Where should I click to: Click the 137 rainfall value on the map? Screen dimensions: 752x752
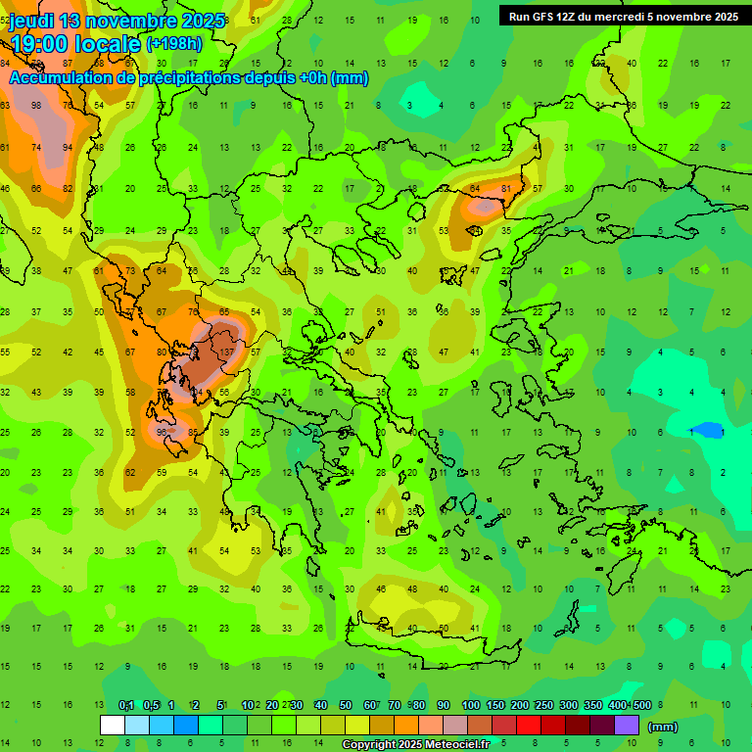click(227, 352)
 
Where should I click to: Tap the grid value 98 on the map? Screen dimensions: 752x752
click(36, 105)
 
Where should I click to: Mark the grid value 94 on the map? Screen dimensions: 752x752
click(68, 147)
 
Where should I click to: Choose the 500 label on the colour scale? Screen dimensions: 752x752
click(641, 706)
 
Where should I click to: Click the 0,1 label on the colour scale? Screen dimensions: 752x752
click(125, 706)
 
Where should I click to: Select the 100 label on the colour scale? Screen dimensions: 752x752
click(470, 706)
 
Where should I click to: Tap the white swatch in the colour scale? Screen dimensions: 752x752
click(112, 726)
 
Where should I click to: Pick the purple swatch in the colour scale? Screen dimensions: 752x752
click(627, 726)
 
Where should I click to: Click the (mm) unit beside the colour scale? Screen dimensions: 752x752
click(663, 727)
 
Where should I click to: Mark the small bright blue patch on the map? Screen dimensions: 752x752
click(707, 430)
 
